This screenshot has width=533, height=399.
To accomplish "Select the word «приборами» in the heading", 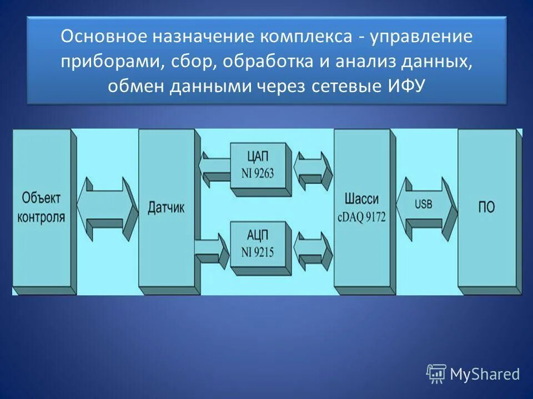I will click(x=109, y=62).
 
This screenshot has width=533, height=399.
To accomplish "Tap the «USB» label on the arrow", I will click(x=424, y=203).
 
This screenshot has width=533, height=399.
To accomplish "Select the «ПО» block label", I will click(x=486, y=207).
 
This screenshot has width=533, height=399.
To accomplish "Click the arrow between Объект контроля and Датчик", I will click(x=108, y=209).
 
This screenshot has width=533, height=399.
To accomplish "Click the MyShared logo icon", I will click(x=436, y=374).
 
